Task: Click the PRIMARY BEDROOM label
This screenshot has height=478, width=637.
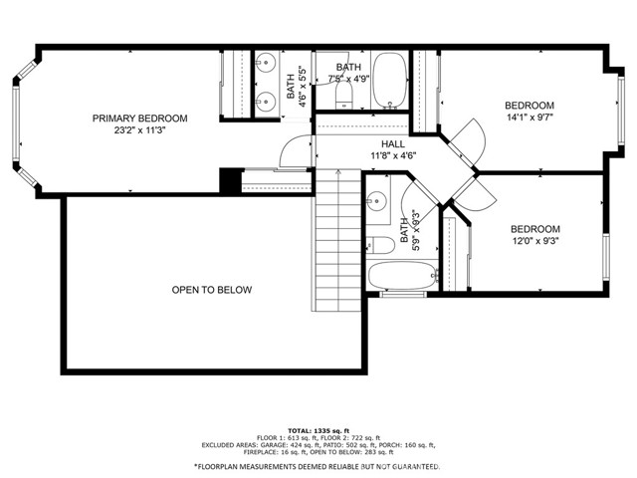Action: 139,119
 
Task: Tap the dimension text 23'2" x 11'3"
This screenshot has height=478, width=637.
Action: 140,130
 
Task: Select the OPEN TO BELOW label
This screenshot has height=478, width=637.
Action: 212,290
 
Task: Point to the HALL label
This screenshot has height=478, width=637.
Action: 393,143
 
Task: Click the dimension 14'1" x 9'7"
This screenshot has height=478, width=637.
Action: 530,118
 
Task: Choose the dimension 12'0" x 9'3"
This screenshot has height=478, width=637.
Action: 535,241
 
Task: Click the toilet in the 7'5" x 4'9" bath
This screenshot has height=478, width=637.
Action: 344,96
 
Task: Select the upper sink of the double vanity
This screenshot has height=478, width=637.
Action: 266,63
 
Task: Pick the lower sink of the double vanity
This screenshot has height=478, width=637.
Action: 266,99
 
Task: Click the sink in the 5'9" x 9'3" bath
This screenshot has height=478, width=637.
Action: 377,201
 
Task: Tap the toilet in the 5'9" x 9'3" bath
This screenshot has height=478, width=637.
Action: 380,246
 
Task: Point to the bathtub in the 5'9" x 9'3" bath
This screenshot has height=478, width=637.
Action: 402,275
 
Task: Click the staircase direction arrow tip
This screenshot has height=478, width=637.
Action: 338,170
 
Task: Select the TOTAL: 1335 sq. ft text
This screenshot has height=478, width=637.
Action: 318,431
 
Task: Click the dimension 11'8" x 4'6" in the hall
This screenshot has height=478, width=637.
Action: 393,155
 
